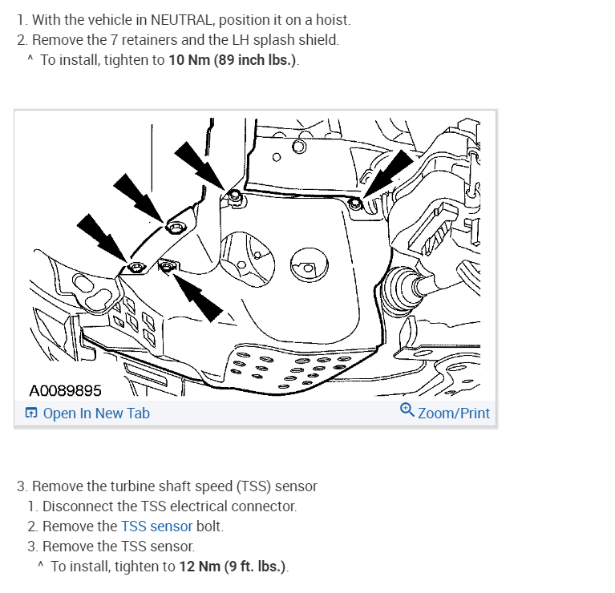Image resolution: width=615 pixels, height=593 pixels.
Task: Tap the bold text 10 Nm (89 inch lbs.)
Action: [x=233, y=61]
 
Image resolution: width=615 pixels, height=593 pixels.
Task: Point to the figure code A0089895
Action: [x=65, y=391]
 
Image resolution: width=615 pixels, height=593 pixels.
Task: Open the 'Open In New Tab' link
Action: [x=95, y=413]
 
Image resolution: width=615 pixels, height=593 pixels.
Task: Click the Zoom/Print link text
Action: [x=453, y=413]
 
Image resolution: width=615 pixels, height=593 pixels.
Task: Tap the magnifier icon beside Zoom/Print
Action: [x=407, y=411]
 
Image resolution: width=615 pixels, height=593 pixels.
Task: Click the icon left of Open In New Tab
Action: [x=30, y=413]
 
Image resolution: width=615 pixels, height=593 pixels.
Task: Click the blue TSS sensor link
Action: [x=156, y=526]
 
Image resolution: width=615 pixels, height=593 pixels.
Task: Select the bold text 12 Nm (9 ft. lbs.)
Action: [x=232, y=567]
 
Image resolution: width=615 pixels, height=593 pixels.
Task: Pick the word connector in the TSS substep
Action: [x=263, y=506]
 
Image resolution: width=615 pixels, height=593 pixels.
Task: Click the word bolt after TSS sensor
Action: [x=210, y=526]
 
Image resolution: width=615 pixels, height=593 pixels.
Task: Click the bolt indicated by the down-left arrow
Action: [x=355, y=204]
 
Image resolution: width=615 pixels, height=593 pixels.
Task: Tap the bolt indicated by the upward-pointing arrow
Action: [x=167, y=264]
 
